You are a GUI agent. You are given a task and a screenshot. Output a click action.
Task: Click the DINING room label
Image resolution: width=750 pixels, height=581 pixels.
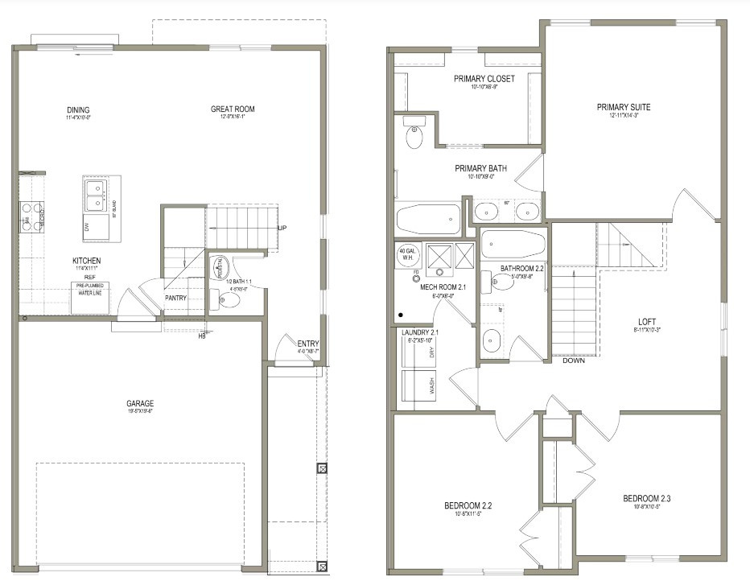pos(78,110)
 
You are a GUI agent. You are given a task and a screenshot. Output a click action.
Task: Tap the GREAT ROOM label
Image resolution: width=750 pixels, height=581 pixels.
pos(233,109)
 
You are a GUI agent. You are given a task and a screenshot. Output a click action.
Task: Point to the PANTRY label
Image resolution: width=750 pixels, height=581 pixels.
pos(175,297)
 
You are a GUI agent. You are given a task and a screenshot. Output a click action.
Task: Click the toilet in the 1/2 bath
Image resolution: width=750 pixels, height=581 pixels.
pos(227,300)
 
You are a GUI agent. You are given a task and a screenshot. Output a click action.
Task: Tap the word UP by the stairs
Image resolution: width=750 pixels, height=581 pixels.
pos(282,228)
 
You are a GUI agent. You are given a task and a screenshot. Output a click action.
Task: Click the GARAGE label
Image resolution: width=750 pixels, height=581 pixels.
pos(139,403)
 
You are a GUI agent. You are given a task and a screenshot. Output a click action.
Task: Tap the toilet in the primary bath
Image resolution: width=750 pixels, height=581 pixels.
pos(414,135)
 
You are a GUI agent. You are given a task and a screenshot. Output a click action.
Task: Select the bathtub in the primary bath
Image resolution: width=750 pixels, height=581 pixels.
pos(429,218)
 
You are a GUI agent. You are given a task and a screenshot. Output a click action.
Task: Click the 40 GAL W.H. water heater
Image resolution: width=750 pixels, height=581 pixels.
pos(406,253)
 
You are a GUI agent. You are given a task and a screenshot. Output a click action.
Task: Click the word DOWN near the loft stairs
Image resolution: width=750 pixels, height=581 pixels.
pos(573,361)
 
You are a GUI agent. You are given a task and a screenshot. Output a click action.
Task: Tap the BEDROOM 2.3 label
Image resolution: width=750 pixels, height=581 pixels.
pos(646,499)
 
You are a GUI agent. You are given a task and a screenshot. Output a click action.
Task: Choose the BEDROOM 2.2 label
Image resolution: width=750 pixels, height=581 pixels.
pos(468,505)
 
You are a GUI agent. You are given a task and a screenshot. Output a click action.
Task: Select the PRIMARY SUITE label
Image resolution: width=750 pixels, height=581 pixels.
pos(624,107)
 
